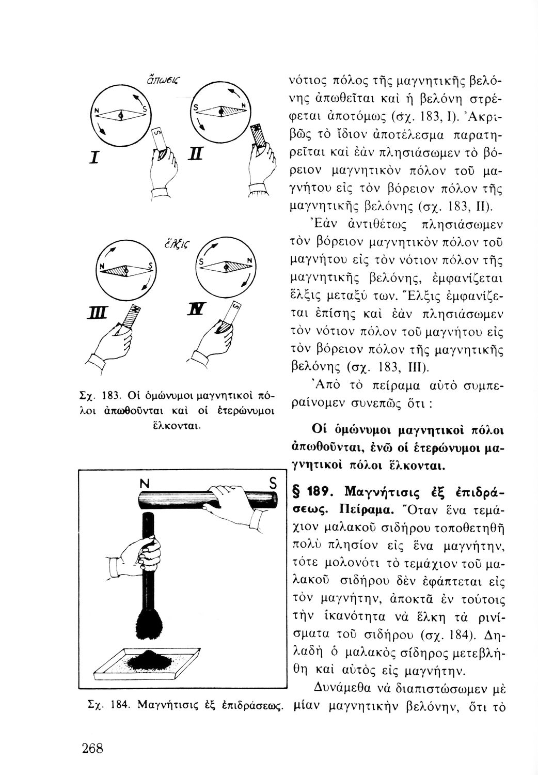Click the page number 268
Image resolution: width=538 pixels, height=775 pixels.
(92, 748)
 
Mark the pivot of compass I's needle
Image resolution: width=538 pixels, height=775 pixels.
(121, 115)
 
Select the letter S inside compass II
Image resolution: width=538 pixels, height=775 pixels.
(196, 107)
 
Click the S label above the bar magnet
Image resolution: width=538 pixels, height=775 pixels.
(273, 484)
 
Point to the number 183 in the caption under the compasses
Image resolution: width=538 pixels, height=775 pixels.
(110, 397)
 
